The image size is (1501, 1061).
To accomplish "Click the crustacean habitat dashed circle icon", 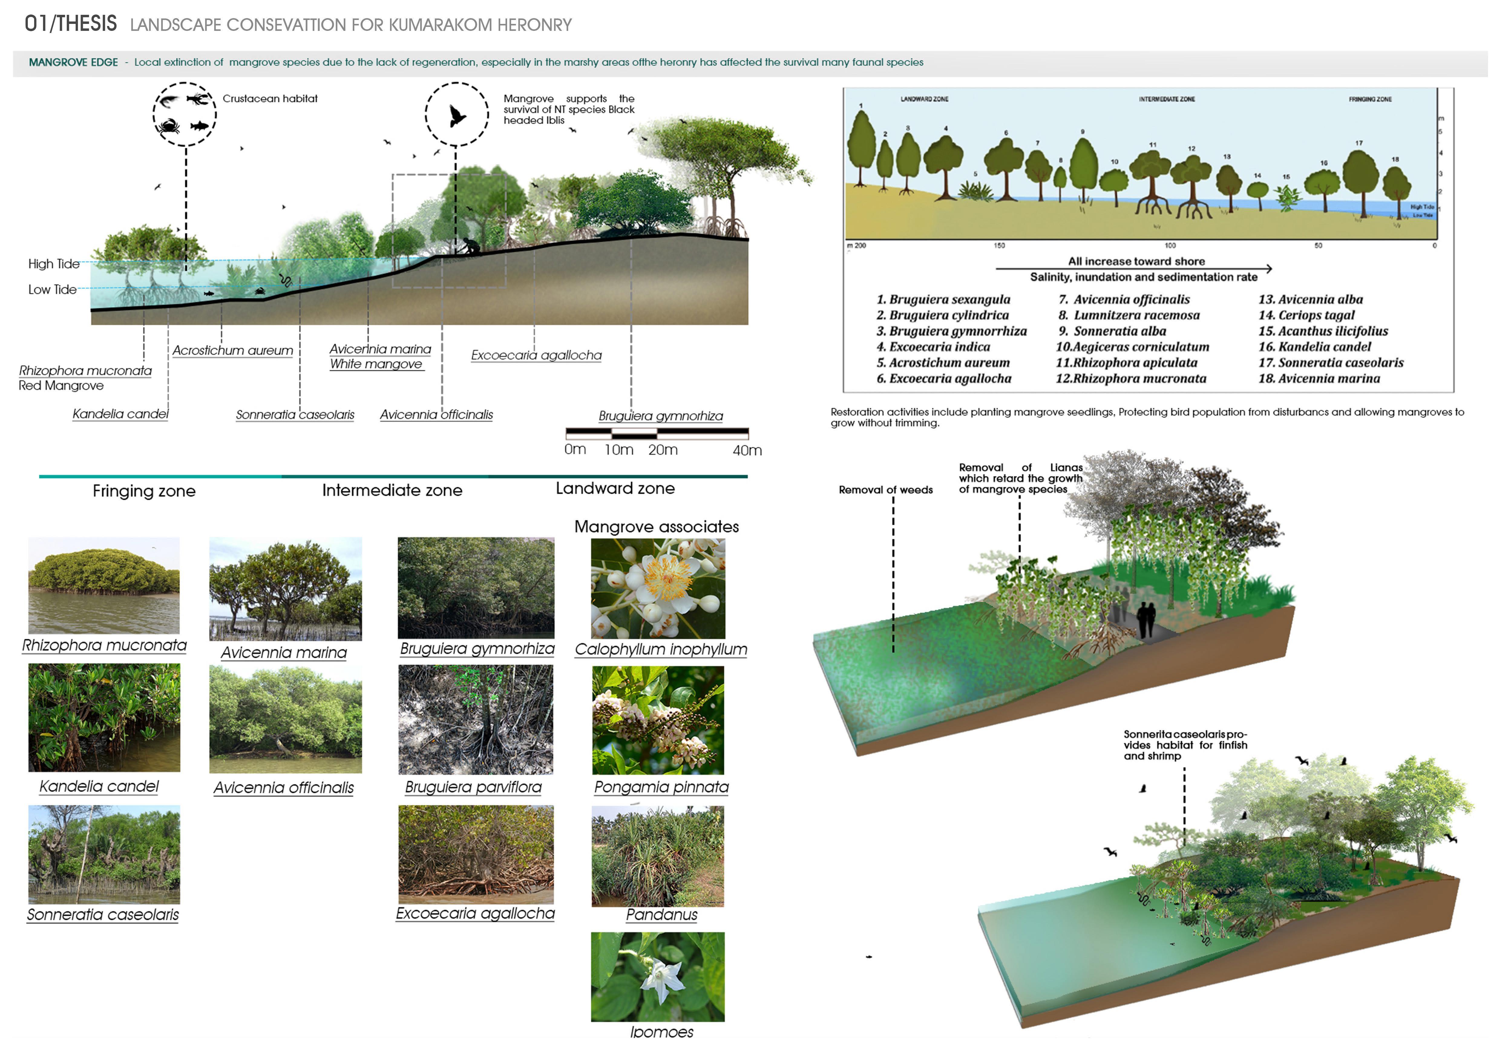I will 184,114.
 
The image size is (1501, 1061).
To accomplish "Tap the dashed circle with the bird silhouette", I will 456,114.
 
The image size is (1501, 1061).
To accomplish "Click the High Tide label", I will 54,264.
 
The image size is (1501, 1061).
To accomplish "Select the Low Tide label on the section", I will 52,289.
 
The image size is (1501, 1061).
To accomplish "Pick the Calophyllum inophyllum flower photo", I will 658,588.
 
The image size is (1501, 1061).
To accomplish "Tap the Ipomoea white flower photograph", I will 658,977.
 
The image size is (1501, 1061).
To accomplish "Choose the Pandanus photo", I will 658,856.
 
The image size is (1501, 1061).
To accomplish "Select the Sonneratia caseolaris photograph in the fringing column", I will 104,854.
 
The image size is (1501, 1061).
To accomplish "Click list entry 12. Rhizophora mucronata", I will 1131,378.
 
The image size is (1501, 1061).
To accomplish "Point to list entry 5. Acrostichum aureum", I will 943,363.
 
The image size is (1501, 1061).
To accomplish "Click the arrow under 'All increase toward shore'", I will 1134,269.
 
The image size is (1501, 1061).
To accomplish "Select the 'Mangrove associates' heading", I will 656,527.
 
